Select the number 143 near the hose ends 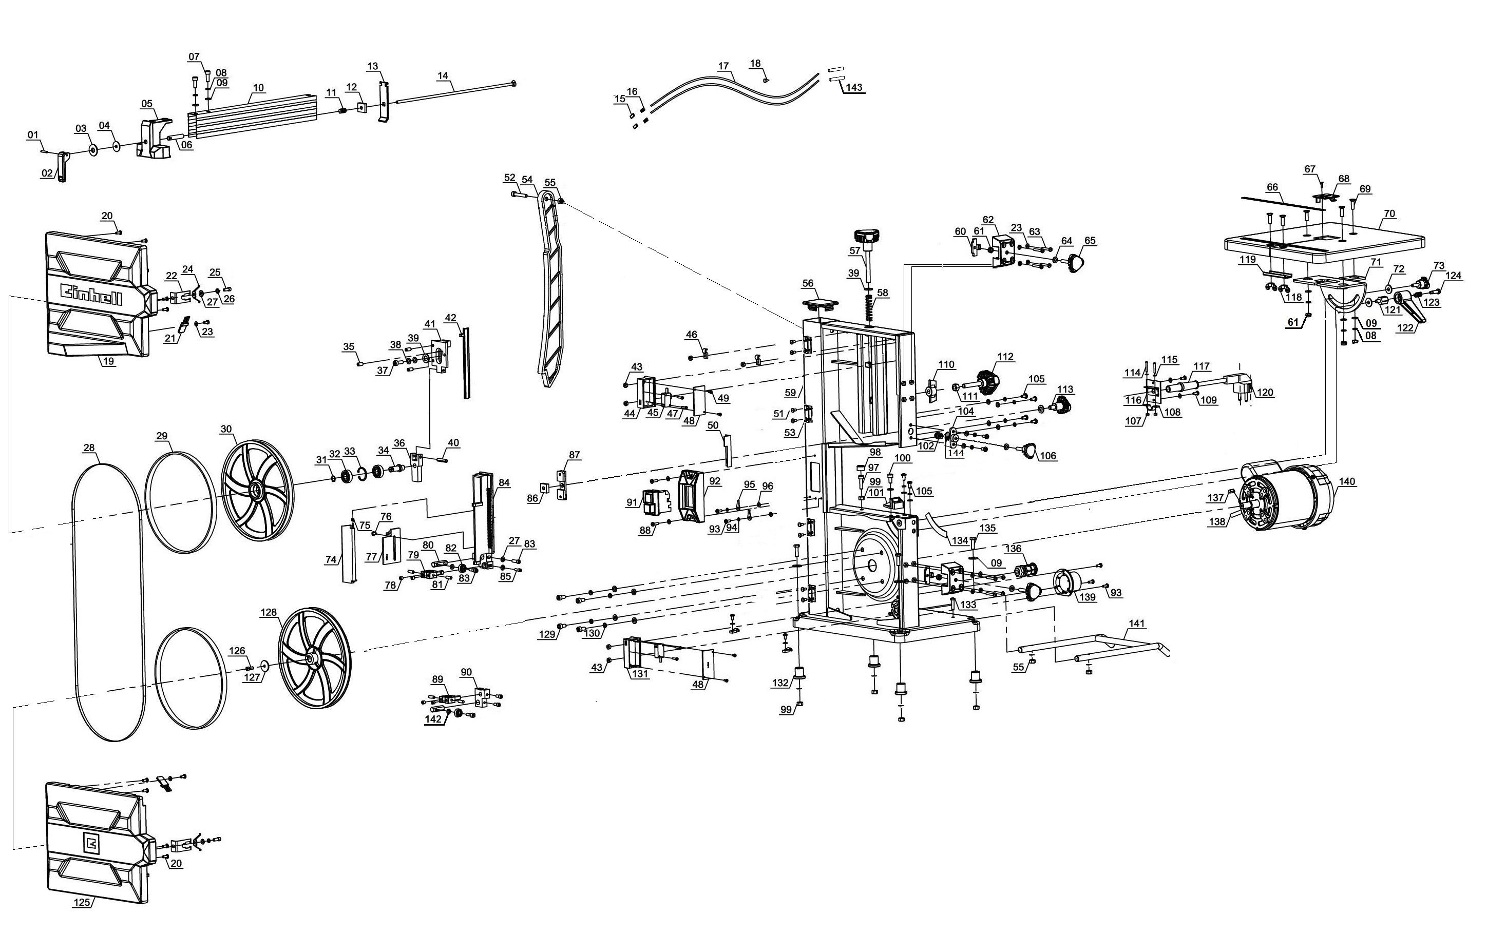(853, 88)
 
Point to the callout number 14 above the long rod (442, 75)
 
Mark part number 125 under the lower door (82, 902)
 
